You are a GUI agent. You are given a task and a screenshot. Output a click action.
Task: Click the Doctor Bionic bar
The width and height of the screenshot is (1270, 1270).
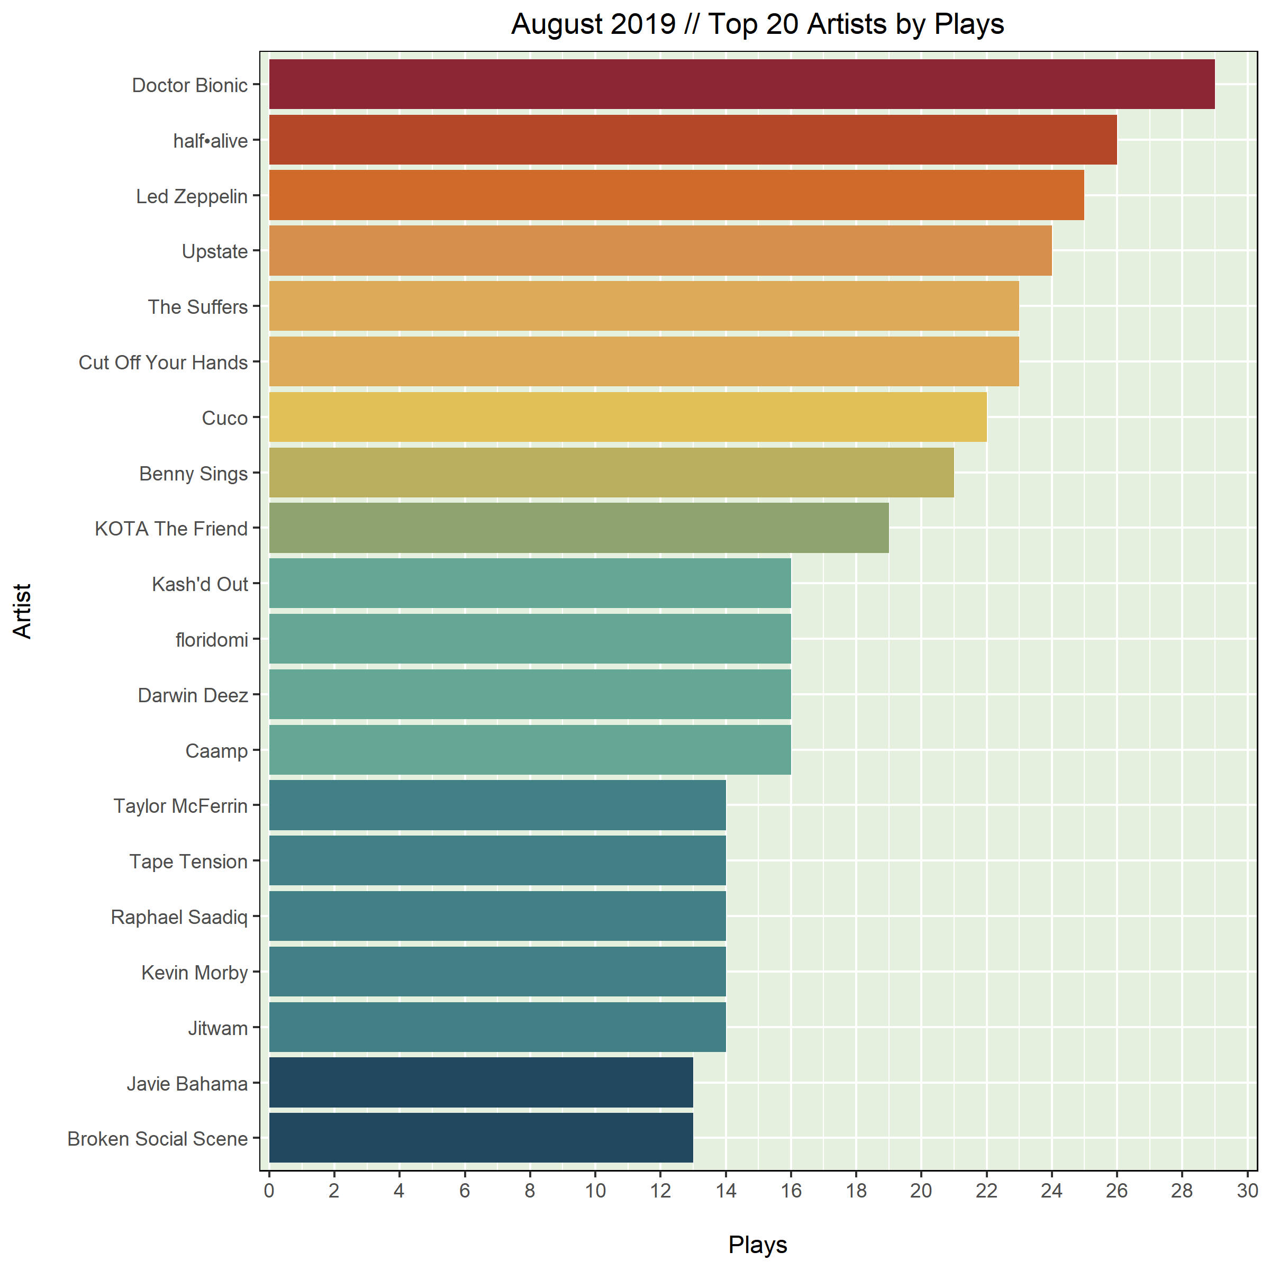741,84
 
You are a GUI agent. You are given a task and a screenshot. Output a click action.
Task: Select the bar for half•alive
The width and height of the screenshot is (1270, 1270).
693,139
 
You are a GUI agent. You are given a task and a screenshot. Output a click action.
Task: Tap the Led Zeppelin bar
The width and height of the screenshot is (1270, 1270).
676,195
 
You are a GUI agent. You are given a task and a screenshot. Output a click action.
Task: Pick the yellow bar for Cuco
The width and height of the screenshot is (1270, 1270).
628,417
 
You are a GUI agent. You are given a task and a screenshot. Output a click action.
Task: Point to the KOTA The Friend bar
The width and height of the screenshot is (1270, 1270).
578,528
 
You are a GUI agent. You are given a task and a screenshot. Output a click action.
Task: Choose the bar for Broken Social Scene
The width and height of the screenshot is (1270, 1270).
480,1138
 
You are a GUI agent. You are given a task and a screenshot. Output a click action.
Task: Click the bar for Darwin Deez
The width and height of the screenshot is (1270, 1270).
530,694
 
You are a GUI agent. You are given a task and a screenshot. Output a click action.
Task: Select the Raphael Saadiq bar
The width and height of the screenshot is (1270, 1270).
497,915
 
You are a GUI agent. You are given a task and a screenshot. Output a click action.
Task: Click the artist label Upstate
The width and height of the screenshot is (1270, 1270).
214,252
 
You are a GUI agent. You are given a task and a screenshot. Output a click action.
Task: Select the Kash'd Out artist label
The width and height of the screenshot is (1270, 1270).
200,584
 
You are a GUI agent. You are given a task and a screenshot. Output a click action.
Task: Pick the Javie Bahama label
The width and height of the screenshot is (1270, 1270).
187,1083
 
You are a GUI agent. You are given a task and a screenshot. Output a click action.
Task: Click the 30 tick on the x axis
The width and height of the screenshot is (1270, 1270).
1247,1191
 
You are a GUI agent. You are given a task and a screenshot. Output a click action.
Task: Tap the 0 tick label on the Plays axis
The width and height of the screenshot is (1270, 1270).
269,1191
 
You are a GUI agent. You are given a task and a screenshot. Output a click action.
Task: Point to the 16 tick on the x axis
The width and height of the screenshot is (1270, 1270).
791,1191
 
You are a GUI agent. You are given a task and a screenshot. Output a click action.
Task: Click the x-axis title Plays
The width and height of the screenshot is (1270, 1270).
757,1245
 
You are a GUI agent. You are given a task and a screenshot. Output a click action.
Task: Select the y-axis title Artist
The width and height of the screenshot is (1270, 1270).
22,611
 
